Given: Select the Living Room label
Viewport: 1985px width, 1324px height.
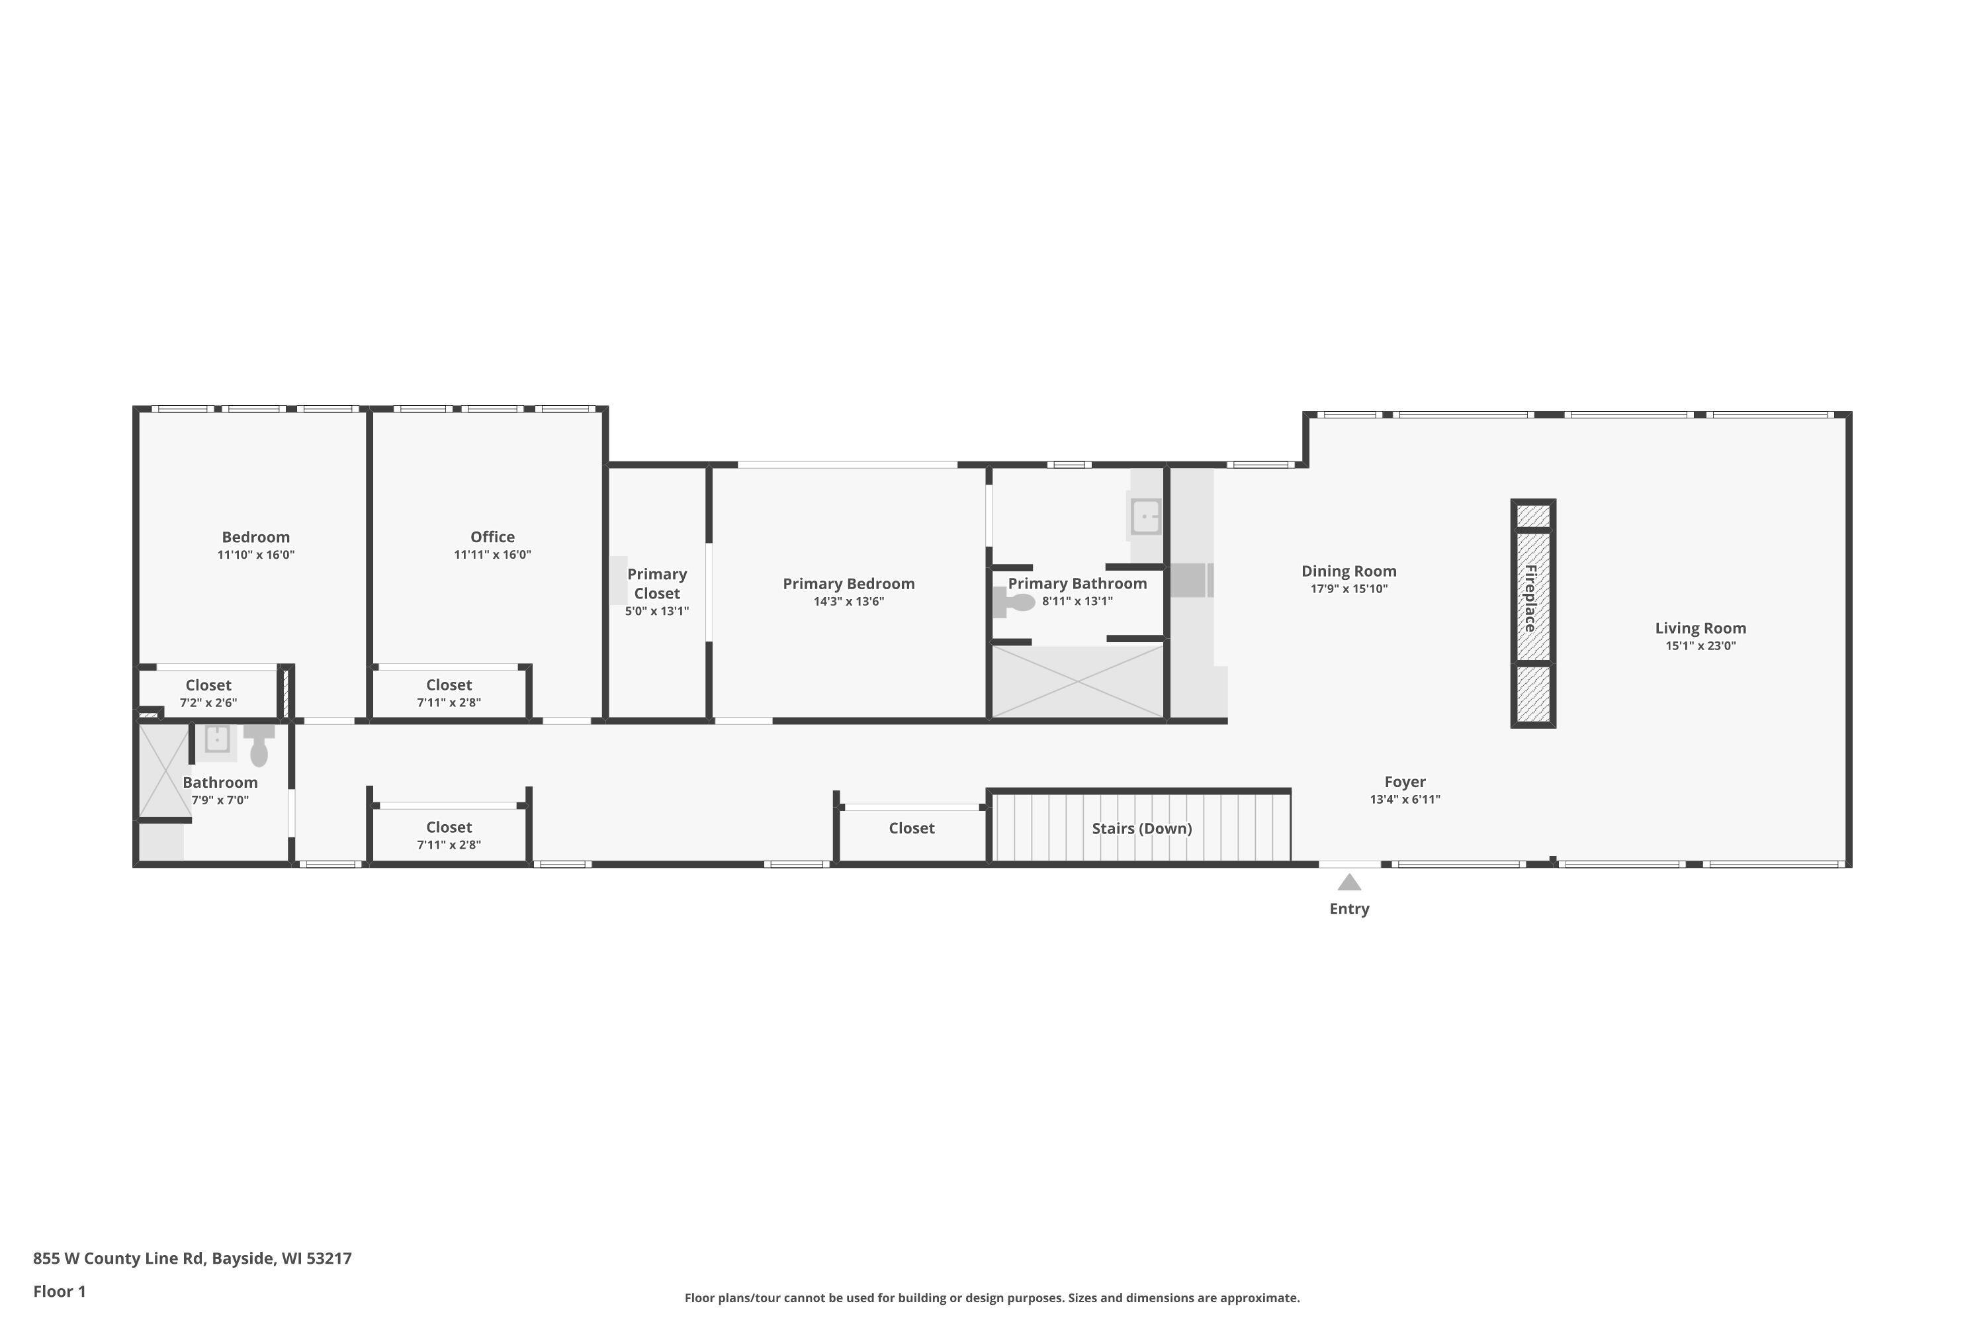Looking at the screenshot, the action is [1700, 628].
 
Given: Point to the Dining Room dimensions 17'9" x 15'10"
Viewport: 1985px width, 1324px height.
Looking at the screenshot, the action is [1348, 589].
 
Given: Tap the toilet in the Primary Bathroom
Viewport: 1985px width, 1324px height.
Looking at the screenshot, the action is [1014, 602].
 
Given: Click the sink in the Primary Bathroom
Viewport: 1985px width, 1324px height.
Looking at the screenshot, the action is [1145, 516].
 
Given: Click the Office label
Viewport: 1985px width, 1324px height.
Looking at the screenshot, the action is [492, 537].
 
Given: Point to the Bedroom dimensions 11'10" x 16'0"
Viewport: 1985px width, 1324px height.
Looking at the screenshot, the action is [255, 555].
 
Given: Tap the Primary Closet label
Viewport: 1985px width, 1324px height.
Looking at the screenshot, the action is [656, 583].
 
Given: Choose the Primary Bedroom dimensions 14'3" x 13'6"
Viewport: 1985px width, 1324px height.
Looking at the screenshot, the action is [848, 601].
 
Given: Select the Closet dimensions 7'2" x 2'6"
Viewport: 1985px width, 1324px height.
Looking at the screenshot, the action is [208, 702].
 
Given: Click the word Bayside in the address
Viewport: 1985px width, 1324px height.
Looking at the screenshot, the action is [243, 1259].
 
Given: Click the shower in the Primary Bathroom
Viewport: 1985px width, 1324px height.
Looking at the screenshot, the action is [1078, 681].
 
